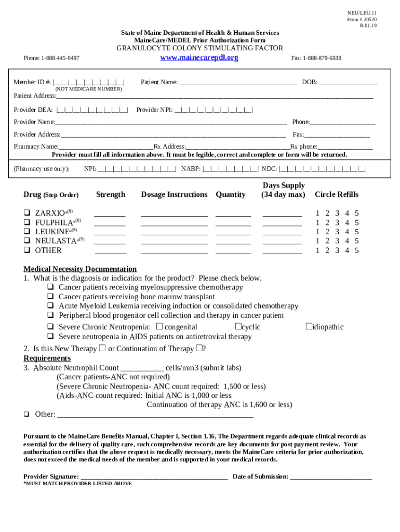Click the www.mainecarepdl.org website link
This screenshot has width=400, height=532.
pyautogui.click(x=199, y=58)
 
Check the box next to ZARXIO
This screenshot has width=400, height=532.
pyautogui.click(x=27, y=213)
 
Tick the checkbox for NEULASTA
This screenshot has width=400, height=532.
pyautogui.click(x=27, y=241)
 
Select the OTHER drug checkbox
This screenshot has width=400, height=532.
pyautogui.click(x=27, y=250)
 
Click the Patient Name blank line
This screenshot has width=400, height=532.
pyautogui.click(x=238, y=83)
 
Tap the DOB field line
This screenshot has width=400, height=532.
pyautogui.click(x=349, y=83)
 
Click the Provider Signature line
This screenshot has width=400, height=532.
pyautogui.click(x=154, y=477)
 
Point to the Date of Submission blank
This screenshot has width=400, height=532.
pyautogui.click(x=331, y=477)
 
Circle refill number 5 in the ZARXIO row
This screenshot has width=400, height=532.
pyautogui.click(x=357, y=213)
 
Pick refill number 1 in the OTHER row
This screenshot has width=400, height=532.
pyautogui.click(x=318, y=250)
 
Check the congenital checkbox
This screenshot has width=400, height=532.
pyautogui.click(x=159, y=327)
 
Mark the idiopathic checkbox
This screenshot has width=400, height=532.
pyautogui.click(x=308, y=327)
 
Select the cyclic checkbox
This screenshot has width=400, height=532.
pyautogui.click(x=237, y=327)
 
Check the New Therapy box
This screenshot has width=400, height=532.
pyautogui.click(x=102, y=348)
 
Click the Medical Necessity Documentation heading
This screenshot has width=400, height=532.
pyautogui.click(x=80, y=269)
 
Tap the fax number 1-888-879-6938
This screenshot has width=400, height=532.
pyautogui.click(x=322, y=58)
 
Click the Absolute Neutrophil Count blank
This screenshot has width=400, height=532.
pyautogui.click(x=142, y=368)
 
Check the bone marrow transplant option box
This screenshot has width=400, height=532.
pyautogui.click(x=51, y=297)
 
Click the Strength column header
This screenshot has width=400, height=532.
pyautogui.click(x=111, y=195)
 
